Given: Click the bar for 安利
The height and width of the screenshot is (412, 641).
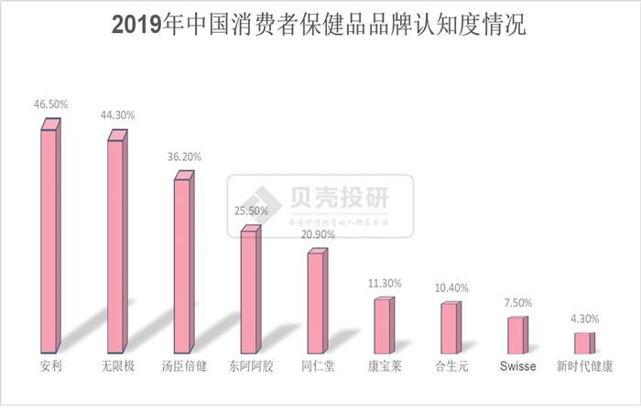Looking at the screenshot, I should pos(50,240).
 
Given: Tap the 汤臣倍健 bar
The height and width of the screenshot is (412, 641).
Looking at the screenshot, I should pos(183,265).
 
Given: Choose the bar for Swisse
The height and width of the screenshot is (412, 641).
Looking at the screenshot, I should pos(516,334).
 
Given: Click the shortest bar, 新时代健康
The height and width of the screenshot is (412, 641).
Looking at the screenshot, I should pos(583,342).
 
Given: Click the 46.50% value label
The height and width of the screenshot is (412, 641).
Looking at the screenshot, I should pos(50,107).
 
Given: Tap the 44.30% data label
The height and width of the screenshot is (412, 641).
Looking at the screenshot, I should pos(117,115).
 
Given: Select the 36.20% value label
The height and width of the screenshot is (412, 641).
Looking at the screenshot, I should pos(183,157).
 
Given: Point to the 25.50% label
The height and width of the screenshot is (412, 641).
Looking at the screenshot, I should pos(250,211).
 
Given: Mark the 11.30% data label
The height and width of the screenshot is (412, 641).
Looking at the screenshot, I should pos(384,283).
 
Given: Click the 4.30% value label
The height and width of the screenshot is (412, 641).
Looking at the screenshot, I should pos(583,318).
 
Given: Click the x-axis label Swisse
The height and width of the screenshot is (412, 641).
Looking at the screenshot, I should pos(518,367).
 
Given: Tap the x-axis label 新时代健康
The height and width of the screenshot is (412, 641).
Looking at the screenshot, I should pos(584,367).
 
